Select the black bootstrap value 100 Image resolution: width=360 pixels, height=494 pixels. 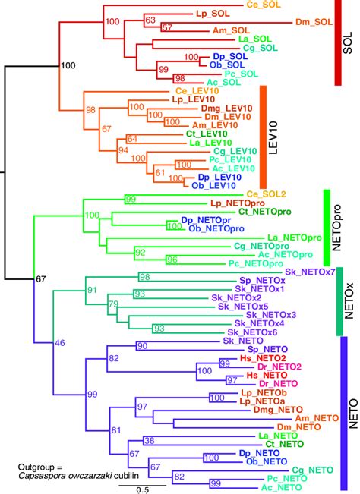pos(68,66)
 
